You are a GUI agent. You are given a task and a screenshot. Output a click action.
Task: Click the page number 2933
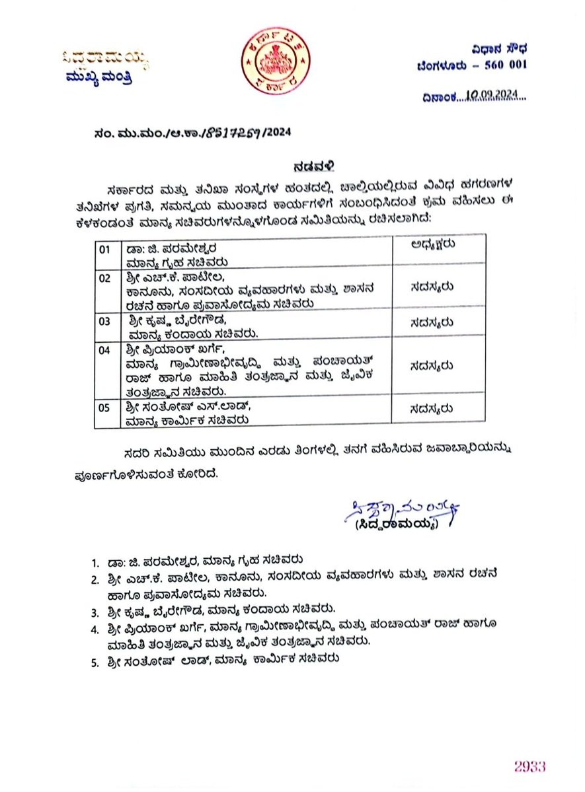(x=530, y=766)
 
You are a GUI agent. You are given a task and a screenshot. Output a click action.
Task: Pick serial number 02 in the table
(x=105, y=278)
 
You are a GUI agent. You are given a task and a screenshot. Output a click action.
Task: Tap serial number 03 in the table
(x=105, y=322)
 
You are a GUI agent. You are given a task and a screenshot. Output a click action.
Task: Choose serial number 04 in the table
(x=105, y=351)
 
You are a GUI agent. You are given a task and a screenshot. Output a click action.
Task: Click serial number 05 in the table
(x=105, y=408)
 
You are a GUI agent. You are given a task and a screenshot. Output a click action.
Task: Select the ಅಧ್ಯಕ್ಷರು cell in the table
(x=434, y=244)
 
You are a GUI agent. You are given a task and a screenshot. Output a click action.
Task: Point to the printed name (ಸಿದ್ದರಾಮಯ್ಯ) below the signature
(x=397, y=524)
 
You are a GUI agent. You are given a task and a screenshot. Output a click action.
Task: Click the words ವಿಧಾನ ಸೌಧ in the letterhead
(x=500, y=49)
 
